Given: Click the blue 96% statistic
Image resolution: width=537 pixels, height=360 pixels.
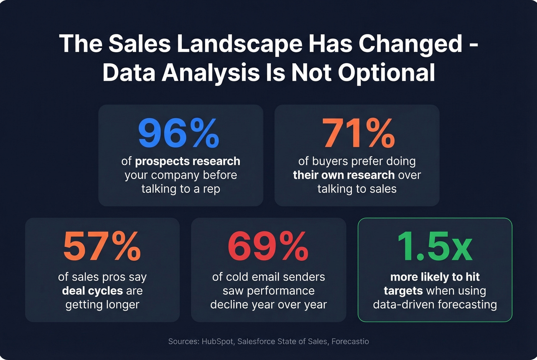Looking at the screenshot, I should click(x=179, y=133).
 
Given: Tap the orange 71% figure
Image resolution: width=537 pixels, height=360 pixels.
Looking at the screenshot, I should click(x=358, y=133).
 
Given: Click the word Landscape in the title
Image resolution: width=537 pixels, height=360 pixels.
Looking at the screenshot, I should click(x=239, y=44).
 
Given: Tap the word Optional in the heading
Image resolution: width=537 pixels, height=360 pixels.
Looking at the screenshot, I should click(x=386, y=72).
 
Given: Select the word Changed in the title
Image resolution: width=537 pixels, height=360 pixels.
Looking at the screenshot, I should click(x=410, y=44).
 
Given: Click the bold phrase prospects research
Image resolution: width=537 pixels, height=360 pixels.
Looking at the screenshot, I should click(x=188, y=161).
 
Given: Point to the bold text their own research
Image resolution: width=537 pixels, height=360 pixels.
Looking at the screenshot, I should click(x=344, y=175).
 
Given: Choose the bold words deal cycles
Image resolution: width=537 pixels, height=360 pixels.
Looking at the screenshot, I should click(x=92, y=291).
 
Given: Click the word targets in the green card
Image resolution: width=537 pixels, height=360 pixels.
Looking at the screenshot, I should click(x=403, y=291).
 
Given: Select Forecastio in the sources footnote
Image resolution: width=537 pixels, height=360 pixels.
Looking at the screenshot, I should click(x=350, y=342).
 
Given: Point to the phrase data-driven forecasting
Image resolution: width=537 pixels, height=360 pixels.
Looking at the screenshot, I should click(x=435, y=305).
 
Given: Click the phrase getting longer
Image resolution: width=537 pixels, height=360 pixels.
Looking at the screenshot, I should click(x=102, y=305).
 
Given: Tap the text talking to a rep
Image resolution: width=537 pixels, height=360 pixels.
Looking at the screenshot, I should click(x=180, y=189).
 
